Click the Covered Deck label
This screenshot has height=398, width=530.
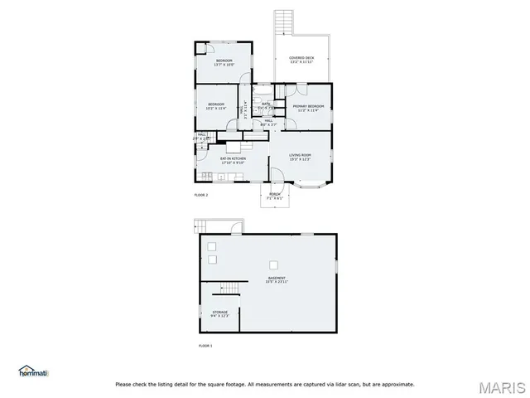point(302,60)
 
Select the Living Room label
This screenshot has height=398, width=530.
point(300,158)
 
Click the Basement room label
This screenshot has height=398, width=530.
point(277,279)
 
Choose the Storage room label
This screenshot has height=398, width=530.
point(219,313)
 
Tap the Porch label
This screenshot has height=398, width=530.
point(275,197)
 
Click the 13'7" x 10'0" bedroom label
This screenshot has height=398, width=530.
point(224,63)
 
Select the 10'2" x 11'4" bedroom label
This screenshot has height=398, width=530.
point(215,105)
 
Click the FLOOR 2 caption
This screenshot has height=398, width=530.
point(201,194)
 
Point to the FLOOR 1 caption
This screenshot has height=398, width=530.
point(205,345)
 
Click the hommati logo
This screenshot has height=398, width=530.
point(33,371)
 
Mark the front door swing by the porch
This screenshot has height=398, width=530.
point(273,175)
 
